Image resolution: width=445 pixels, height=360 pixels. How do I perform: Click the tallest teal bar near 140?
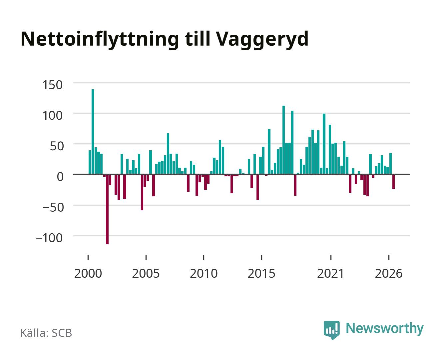pyautogui.click(x=93, y=132)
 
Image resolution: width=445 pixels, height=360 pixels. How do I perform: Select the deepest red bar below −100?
pyautogui.click(x=107, y=209)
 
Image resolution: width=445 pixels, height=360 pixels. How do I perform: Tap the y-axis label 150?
pyautogui.click(x=52, y=85)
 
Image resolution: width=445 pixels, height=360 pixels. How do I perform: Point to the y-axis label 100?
pyautogui.click(x=52, y=115)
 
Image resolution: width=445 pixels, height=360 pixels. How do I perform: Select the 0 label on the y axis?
pyautogui.click(x=60, y=177)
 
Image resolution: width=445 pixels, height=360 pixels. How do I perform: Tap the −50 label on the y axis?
pyautogui.click(x=53, y=208)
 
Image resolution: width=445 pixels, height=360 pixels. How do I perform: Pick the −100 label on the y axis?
pyautogui.click(x=49, y=238)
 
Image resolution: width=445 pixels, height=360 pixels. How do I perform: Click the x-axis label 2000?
pyautogui.click(x=88, y=273)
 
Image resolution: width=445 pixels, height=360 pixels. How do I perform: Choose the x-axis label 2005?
pyautogui.click(x=146, y=273)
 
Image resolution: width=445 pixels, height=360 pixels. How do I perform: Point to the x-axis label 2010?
pyautogui.click(x=204, y=273)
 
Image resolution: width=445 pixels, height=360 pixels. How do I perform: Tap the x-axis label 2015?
pyautogui.click(x=261, y=273)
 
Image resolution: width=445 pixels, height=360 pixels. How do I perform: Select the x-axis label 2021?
pyautogui.click(x=331, y=273)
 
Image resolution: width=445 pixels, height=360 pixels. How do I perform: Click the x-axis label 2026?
pyautogui.click(x=389, y=273)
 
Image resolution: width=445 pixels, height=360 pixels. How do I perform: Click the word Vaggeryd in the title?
pyautogui.click(x=262, y=40)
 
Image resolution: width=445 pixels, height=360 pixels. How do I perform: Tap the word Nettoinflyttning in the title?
pyautogui.click(x=100, y=40)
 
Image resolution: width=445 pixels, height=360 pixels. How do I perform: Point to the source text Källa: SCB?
pyautogui.click(x=46, y=333)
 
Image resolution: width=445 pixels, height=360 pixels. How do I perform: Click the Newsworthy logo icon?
pyautogui.click(x=331, y=330)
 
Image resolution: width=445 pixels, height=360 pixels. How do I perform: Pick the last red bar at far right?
pyautogui.click(x=393, y=181)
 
